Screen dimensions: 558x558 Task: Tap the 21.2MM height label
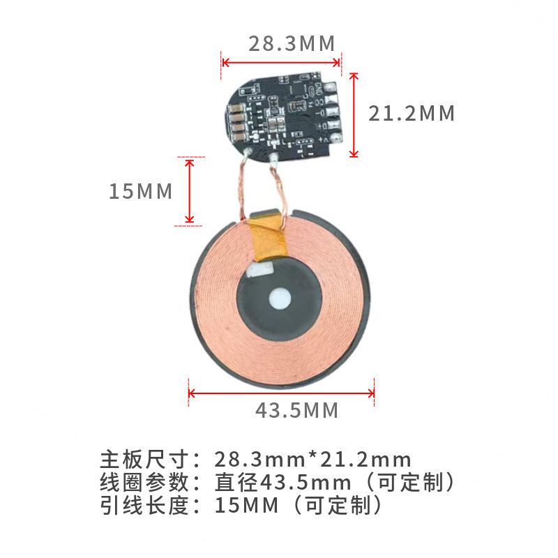point(412,113)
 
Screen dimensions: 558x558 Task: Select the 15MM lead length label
point(140,191)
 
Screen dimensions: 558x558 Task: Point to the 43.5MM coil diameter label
point(296,410)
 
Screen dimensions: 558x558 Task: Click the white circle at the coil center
point(280,298)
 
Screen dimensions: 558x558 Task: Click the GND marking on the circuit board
point(319,89)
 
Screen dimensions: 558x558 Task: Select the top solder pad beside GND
point(331,87)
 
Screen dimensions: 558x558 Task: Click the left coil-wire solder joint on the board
point(246,153)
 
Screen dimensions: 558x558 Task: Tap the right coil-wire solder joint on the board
point(273,156)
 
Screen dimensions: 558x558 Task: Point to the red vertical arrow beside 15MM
point(189,191)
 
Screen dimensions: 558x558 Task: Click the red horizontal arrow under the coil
point(282,393)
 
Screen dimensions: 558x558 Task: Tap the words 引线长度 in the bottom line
point(145,504)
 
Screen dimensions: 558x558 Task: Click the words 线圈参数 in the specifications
point(145,482)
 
